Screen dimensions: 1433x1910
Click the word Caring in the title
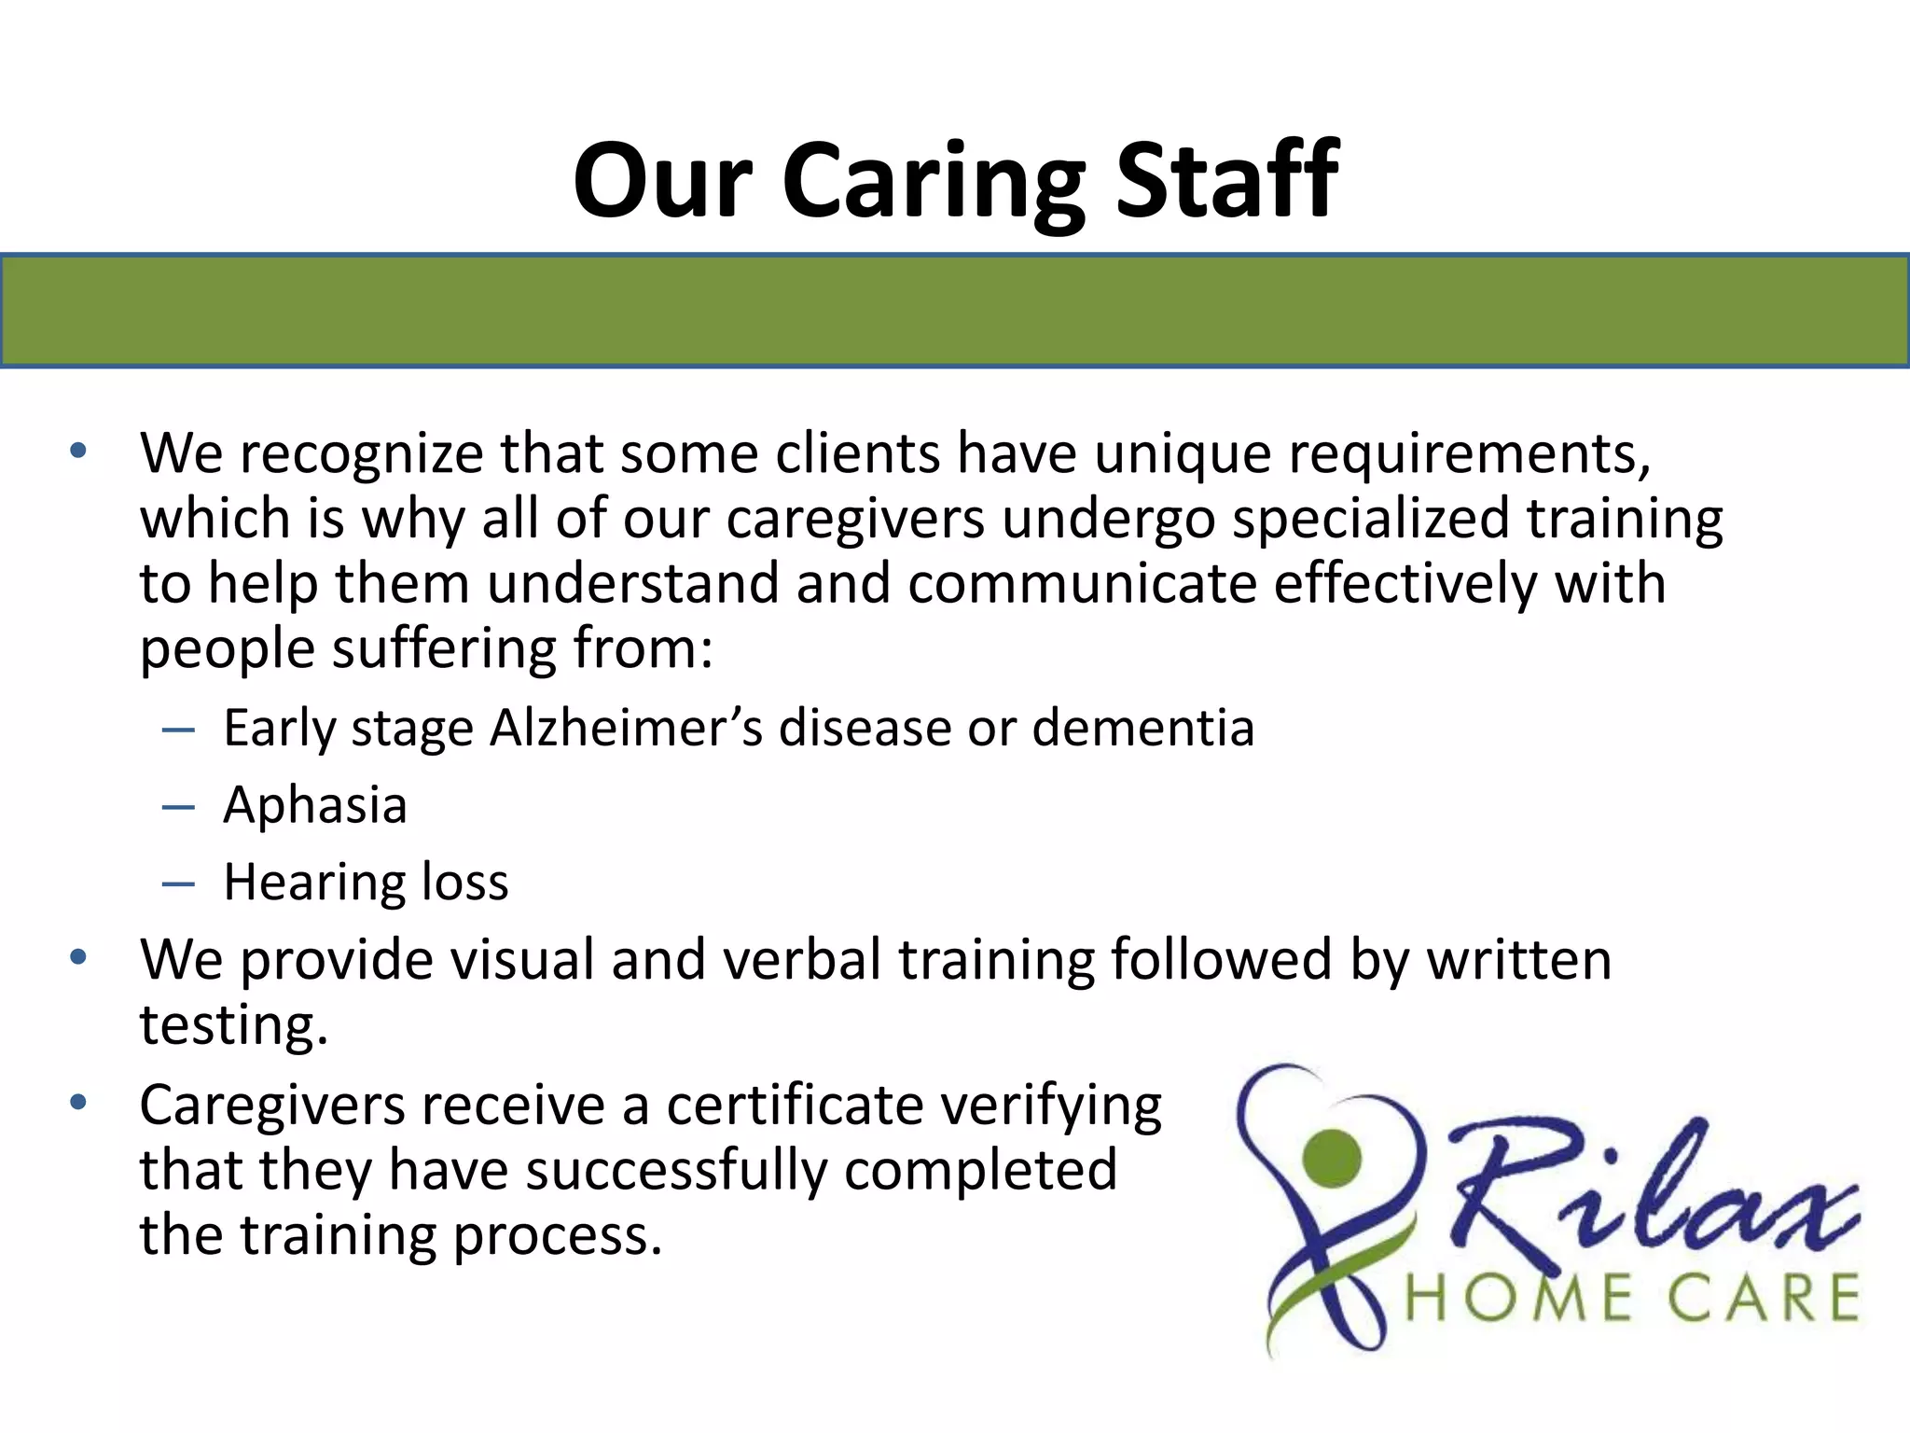934,182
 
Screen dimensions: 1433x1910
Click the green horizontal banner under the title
955,311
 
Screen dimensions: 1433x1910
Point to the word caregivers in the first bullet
855,520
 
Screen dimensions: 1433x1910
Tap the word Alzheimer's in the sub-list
625,728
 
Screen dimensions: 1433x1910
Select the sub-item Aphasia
315,805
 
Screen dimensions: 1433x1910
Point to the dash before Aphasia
177,806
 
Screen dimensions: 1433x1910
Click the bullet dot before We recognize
78,452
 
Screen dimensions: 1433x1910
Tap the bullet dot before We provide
78,957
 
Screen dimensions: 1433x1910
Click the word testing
233,1026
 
